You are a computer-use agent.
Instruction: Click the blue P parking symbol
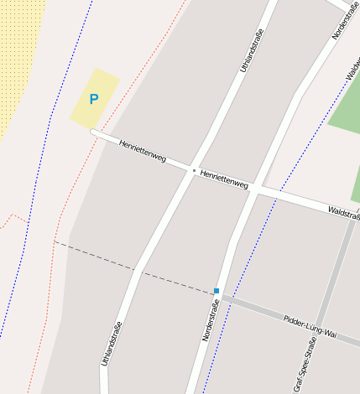94,99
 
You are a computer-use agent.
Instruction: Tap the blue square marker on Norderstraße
217,291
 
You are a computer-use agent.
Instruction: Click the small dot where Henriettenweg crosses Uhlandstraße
194,170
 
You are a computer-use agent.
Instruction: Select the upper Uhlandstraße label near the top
252,51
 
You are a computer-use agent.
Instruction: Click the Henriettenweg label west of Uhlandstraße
143,151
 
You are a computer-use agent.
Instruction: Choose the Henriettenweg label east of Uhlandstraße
225,179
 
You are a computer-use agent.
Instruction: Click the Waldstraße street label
344,213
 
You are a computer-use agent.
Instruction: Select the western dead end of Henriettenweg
93,132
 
